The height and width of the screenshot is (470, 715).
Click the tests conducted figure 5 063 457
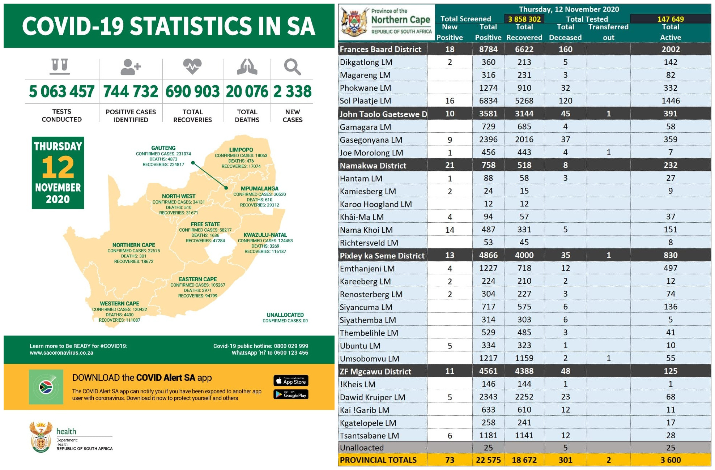click(x=61, y=91)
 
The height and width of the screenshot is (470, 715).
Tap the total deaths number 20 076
click(x=247, y=91)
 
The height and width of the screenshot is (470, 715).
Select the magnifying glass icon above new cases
click(x=292, y=67)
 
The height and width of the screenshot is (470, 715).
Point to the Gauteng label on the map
click(x=163, y=148)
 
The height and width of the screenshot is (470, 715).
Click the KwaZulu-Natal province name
click(x=265, y=235)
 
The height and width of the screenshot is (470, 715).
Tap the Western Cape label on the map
click(x=119, y=304)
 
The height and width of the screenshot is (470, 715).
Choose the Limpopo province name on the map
click(x=241, y=150)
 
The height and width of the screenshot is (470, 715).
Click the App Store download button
click(x=291, y=381)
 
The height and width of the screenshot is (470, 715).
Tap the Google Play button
click(x=291, y=394)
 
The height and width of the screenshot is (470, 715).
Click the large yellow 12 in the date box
click(x=58, y=167)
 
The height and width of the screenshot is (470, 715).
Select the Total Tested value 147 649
click(x=670, y=19)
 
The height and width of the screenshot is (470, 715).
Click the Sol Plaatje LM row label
click(x=365, y=101)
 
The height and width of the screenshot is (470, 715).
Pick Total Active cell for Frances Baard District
click(x=670, y=49)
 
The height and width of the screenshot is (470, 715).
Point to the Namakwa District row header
click(x=373, y=166)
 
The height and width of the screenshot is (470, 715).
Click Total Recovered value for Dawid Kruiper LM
click(x=524, y=397)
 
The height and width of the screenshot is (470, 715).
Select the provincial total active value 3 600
click(x=670, y=460)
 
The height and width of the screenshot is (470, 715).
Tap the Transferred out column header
click(x=608, y=32)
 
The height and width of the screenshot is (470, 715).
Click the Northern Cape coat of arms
click(x=353, y=22)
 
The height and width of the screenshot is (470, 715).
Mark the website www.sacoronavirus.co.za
click(x=61, y=353)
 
